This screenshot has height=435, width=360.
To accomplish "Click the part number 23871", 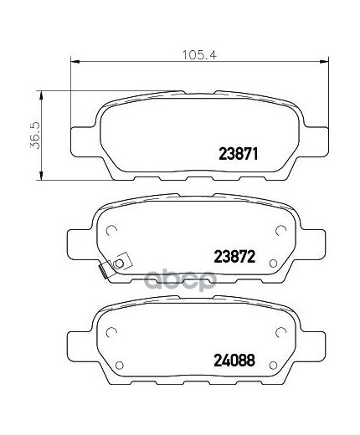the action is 238,154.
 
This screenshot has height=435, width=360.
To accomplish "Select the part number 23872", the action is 234,257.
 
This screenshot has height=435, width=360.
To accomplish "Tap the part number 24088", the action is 234,361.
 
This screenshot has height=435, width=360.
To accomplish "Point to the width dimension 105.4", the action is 199,55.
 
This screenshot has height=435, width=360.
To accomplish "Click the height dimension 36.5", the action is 36,136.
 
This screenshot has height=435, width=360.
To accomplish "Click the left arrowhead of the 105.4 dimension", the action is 75,61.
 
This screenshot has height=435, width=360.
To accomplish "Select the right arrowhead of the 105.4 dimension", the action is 324,61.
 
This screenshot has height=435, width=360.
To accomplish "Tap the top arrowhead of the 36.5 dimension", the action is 41,95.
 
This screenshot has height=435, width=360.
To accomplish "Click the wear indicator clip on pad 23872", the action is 113,266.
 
